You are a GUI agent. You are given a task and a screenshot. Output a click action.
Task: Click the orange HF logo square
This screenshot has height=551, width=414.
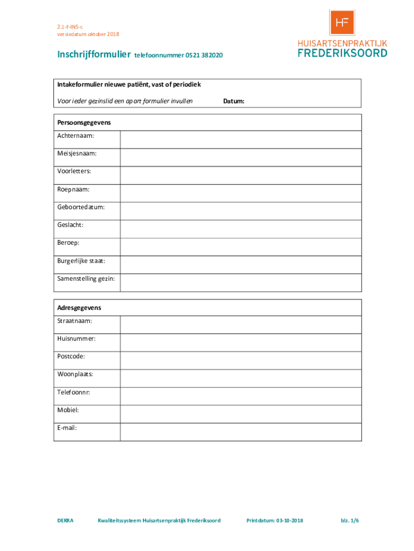[x=341, y=23]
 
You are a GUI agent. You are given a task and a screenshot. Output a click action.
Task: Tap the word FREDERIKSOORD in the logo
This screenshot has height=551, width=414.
[x=342, y=53]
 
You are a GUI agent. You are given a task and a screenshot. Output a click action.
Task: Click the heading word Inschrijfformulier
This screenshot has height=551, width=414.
[x=95, y=55]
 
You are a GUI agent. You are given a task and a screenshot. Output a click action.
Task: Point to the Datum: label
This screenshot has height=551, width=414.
[x=234, y=101]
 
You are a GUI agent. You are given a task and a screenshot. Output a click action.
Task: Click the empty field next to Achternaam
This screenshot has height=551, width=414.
[x=240, y=139]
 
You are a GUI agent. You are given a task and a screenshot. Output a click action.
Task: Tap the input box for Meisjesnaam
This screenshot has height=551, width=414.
[x=240, y=157]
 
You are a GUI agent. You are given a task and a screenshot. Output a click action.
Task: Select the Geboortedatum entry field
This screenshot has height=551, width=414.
[x=240, y=211]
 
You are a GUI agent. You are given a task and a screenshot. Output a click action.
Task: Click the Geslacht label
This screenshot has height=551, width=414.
[x=70, y=225]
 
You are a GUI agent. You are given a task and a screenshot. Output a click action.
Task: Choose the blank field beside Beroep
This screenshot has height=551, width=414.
[x=240, y=247]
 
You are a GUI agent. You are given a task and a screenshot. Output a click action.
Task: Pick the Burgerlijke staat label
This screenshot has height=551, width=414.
[x=81, y=261]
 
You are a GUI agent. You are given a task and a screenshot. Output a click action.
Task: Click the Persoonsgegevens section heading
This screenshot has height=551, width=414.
[x=84, y=123]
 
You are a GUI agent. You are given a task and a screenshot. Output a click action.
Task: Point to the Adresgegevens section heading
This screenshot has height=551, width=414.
[x=79, y=308]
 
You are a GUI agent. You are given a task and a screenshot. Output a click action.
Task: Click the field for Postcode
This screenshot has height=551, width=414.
[x=240, y=360]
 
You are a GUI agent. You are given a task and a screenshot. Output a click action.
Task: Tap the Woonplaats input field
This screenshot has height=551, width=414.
[x=240, y=378]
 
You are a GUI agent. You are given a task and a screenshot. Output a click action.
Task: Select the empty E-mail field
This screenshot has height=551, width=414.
[x=240, y=432]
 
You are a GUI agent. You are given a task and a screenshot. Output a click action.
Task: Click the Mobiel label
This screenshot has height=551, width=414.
[x=68, y=410]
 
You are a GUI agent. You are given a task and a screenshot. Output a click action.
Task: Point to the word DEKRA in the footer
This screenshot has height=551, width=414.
[x=66, y=520]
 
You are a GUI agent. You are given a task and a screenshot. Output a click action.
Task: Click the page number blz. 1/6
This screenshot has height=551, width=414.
[x=349, y=520]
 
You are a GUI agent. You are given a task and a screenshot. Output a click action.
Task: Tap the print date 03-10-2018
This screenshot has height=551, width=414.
[x=290, y=520]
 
